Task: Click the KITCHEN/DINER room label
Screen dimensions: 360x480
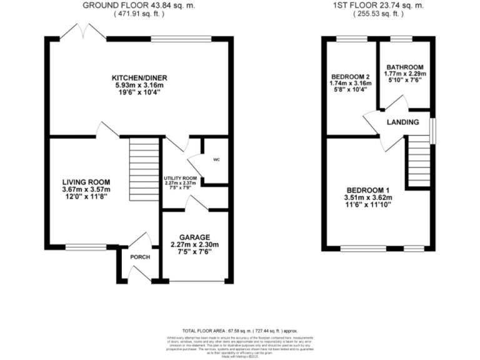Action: [139, 77]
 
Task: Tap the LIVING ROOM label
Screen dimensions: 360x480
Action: [86, 182]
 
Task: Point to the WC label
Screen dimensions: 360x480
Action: [217, 159]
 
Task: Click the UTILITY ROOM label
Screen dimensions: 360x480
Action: [180, 178]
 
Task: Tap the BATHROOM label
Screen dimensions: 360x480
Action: [404, 67]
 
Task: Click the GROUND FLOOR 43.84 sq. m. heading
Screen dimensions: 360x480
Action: [139, 5]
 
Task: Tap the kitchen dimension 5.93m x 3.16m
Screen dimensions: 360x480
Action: [139, 85]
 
